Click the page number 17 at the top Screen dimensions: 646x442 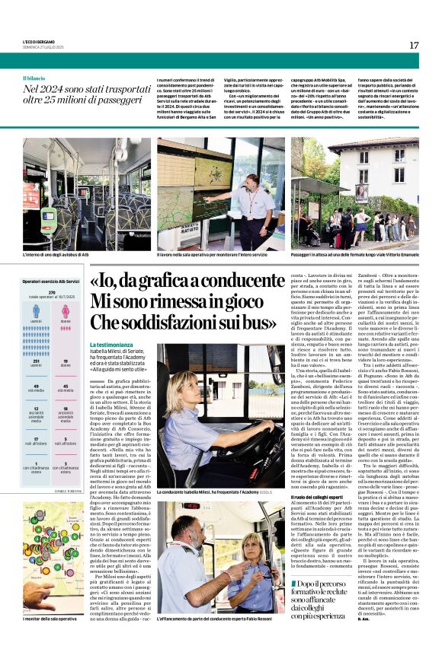[x=414, y=45]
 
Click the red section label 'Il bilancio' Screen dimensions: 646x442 [x=34, y=78]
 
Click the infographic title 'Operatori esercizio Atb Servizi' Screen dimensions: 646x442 [x=51, y=282]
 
